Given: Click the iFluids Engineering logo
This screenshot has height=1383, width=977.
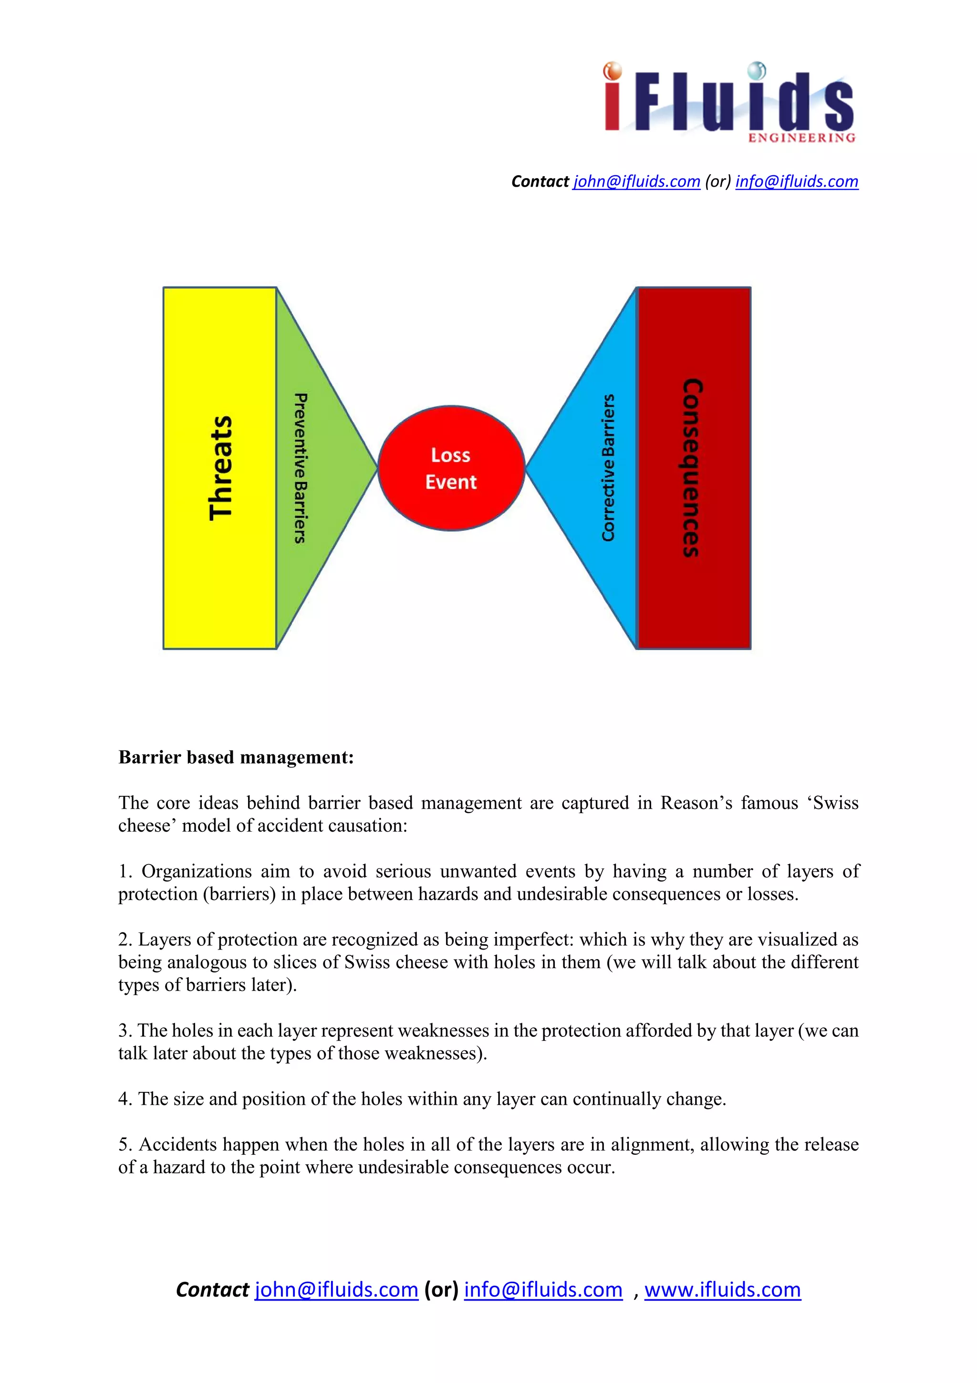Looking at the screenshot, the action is [x=729, y=101].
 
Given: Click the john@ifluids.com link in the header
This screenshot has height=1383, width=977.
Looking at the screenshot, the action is [x=636, y=181].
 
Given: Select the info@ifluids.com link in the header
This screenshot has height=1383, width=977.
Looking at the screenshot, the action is [x=796, y=181].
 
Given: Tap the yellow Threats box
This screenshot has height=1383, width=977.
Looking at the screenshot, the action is [x=220, y=468].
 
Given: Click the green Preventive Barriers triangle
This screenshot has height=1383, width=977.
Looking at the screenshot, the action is [x=313, y=468].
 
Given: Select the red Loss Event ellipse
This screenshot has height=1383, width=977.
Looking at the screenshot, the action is [x=451, y=468].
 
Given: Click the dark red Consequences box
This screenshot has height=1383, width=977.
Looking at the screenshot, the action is [x=694, y=468].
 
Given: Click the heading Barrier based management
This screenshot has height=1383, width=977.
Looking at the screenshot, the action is [x=236, y=757].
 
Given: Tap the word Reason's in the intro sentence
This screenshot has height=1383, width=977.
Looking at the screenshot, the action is [x=696, y=803].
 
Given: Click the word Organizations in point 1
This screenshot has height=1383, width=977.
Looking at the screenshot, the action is [x=196, y=871].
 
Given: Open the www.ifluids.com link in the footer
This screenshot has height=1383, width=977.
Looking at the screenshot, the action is [x=722, y=1289].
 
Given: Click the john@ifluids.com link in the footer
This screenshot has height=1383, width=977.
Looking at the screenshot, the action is [x=336, y=1289].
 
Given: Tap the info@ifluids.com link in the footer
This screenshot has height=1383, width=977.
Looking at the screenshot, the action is [x=543, y=1289].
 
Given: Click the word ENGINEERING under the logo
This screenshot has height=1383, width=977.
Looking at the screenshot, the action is [x=801, y=138].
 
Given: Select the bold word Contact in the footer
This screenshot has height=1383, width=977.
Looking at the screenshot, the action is [x=212, y=1289].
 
